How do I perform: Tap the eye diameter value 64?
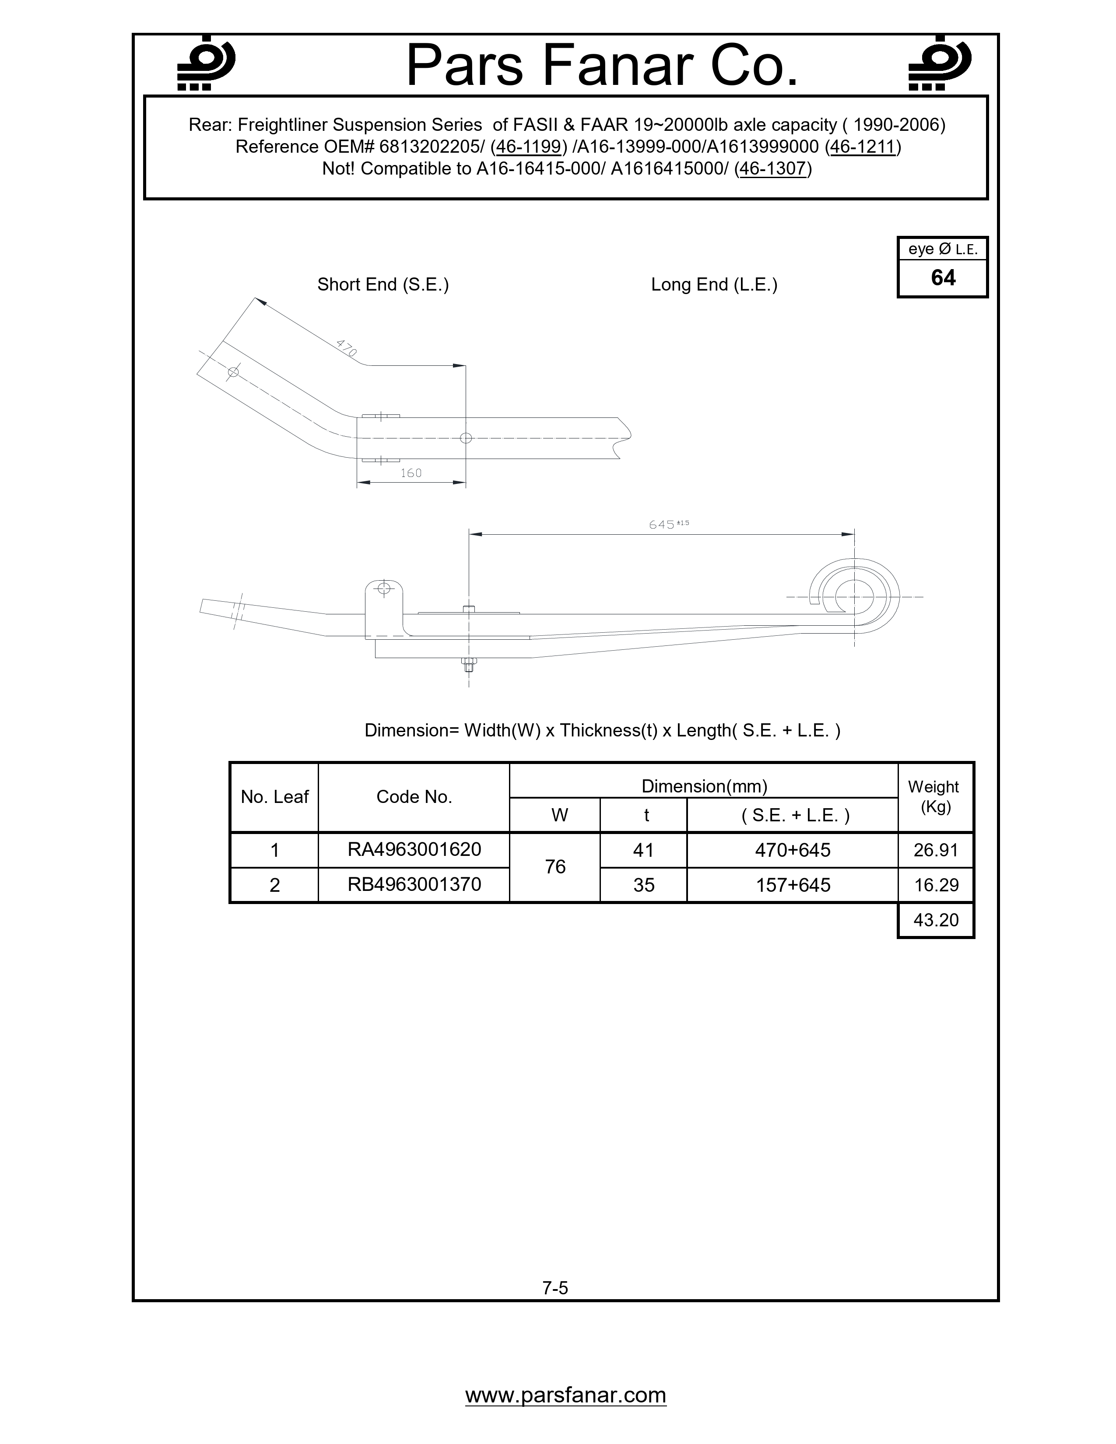[x=943, y=278]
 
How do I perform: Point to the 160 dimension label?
[x=411, y=473]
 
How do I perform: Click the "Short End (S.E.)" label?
[x=383, y=284]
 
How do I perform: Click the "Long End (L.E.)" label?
[x=714, y=284]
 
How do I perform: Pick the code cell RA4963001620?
[x=414, y=850]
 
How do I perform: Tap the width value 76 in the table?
[x=555, y=867]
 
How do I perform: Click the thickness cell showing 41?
[x=643, y=850]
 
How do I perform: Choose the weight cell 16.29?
[x=936, y=885]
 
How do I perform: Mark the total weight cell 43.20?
[x=936, y=920]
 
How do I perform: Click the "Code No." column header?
[x=414, y=797]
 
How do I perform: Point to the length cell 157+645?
[x=793, y=885]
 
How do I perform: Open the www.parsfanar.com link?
[x=566, y=1395]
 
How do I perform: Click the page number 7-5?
[x=555, y=1288]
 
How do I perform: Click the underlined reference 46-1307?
[x=773, y=168]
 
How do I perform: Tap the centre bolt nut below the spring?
[x=469, y=663]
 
